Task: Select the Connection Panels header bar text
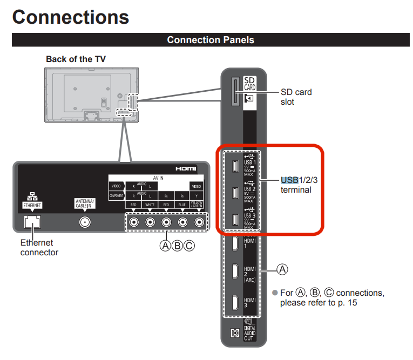pyautogui.click(x=211, y=40)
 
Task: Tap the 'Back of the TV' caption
pyautogui.click(x=76, y=59)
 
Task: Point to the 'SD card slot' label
pyautogui.click(x=296, y=97)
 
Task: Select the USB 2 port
pyautogui.click(x=235, y=193)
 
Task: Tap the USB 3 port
pyautogui.click(x=235, y=219)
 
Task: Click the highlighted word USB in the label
pyautogui.click(x=289, y=180)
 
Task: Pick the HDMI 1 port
pyautogui.click(x=235, y=244)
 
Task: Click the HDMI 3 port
pyautogui.click(x=235, y=302)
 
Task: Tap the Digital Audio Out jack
pyautogui.click(x=235, y=332)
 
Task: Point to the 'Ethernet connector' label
pyautogui.click(x=39, y=248)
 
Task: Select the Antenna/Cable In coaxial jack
pyautogui.click(x=85, y=222)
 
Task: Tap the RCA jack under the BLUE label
pyautogui.click(x=183, y=222)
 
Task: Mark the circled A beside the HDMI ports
pyautogui.click(x=282, y=268)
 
